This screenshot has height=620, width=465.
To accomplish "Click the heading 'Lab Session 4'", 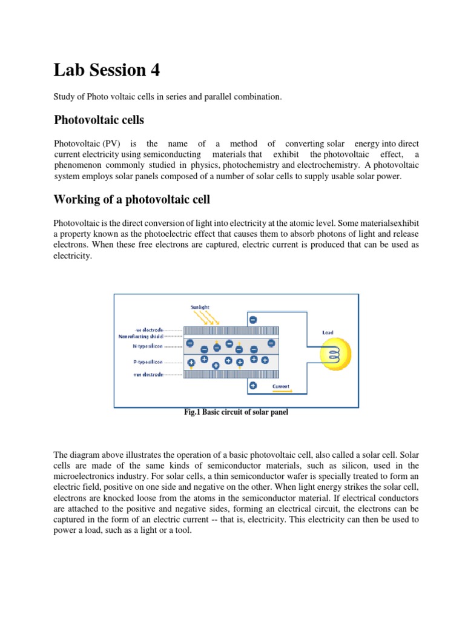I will coord(107,70).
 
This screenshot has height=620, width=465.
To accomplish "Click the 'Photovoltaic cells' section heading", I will coord(99,120).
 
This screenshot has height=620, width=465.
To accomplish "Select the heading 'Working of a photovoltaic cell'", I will coord(133,199).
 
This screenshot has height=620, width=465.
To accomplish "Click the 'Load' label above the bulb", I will coord(328,332).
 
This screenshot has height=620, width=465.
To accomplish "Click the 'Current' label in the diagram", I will coord(281,386).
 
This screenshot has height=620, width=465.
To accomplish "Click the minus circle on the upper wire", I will coord(252,319).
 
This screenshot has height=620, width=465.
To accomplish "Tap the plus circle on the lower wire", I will coord(252,386).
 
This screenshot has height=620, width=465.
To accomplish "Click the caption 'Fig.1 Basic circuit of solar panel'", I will coord(236,412).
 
